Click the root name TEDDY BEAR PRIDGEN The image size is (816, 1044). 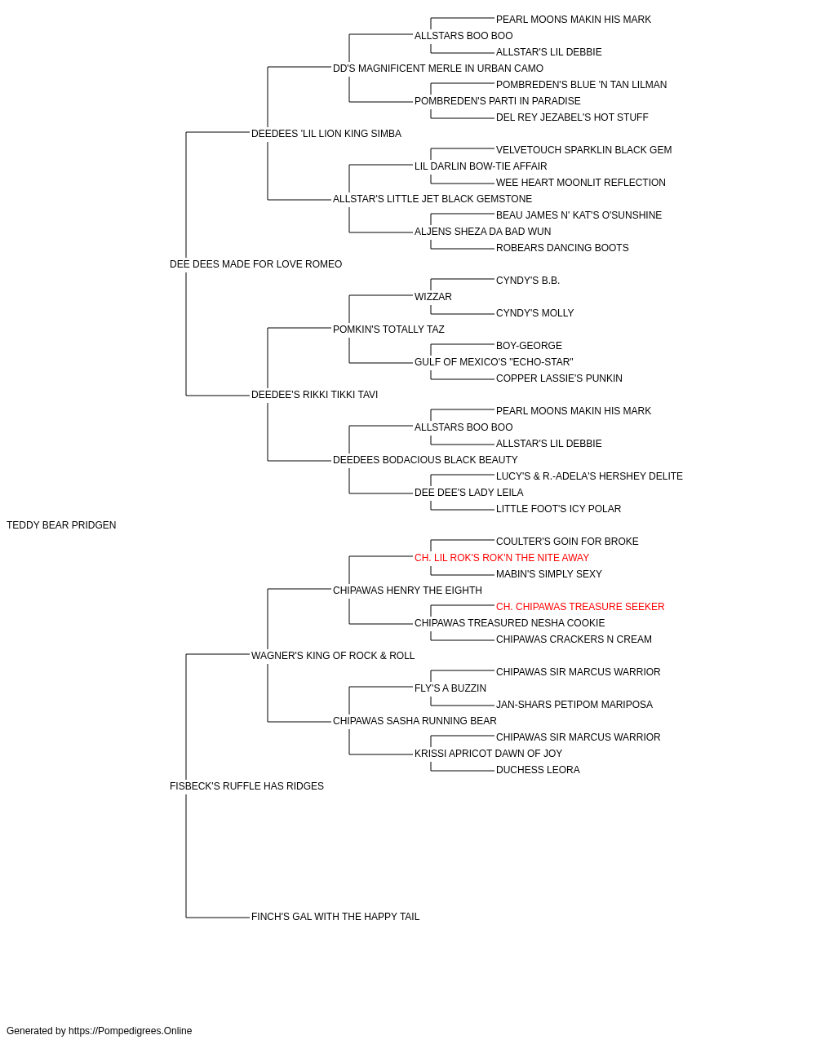coord(61,525)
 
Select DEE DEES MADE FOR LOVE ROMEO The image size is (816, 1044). coord(255,264)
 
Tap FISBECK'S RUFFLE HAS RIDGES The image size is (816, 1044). coord(246,786)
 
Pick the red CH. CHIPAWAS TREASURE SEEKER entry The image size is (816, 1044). coord(580,607)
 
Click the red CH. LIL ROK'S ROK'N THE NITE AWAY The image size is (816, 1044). coord(502,558)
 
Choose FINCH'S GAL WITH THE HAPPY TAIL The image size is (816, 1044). coord(335,917)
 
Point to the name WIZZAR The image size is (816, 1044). coord(433,297)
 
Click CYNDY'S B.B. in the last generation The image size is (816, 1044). coord(528,281)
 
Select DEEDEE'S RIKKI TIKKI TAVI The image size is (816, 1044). coord(314,395)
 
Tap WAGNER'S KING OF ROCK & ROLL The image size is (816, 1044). coord(333,656)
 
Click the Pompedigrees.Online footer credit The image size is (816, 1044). coord(99,1031)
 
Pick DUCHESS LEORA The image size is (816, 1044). coord(538,770)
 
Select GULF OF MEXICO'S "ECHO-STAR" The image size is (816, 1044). coord(494,362)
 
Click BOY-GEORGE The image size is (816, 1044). coord(529,346)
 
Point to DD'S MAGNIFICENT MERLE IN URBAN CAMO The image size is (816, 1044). coord(438,69)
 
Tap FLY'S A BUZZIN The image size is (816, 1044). coord(450,688)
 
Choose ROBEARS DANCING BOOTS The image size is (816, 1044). coord(562,248)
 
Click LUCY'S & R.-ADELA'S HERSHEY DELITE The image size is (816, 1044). coord(589,476)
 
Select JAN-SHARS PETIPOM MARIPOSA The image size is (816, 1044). coord(574,705)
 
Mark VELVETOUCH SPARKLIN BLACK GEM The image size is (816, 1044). coord(584,150)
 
